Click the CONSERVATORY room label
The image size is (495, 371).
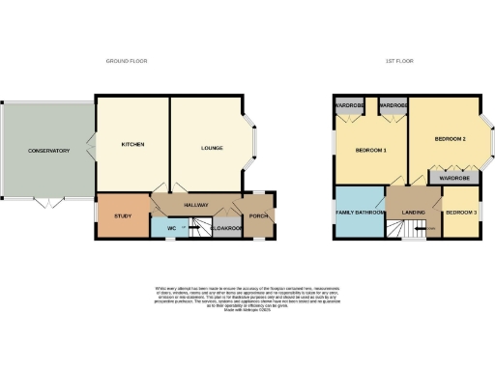click(49, 151)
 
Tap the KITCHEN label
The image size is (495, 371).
click(132, 145)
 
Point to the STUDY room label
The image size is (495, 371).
click(122, 215)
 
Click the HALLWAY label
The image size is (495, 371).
click(197, 205)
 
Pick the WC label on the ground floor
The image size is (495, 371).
click(171, 228)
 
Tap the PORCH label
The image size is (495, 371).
click(258, 215)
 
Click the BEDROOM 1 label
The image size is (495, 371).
click(371, 151)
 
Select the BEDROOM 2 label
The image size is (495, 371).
click(451, 140)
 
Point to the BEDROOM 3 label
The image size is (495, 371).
click(460, 213)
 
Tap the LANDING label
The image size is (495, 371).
click(415, 213)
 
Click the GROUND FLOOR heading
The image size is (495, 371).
click(125, 61)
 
